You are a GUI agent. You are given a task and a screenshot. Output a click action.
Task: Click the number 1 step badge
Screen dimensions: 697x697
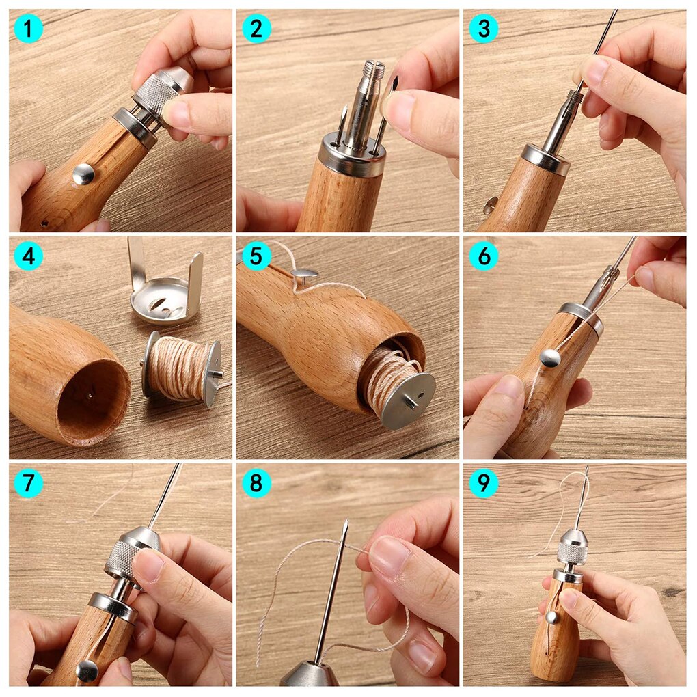pos(28,29)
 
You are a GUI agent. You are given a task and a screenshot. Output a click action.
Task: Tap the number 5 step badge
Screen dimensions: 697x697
pos(256,256)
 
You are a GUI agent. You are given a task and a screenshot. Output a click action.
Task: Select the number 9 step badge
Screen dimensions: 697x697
pos(483,483)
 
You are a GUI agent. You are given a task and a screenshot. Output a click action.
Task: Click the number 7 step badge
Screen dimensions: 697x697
pos(28,483)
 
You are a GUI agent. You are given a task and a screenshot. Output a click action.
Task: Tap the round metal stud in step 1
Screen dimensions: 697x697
pos(83,174)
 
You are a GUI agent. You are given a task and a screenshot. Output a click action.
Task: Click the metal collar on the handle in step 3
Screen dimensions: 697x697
pos(545,159)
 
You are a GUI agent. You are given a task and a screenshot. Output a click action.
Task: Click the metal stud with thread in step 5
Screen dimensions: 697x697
pos(304,274)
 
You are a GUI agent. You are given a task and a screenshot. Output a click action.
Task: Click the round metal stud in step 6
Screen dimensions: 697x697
pos(549,357)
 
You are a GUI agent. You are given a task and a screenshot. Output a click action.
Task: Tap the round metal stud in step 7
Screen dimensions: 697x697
pos(87,670)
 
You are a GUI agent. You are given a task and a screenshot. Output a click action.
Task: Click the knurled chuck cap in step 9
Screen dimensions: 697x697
pos(573,547)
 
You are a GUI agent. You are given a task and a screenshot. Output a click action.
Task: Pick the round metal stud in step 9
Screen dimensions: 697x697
pos(551,617)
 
